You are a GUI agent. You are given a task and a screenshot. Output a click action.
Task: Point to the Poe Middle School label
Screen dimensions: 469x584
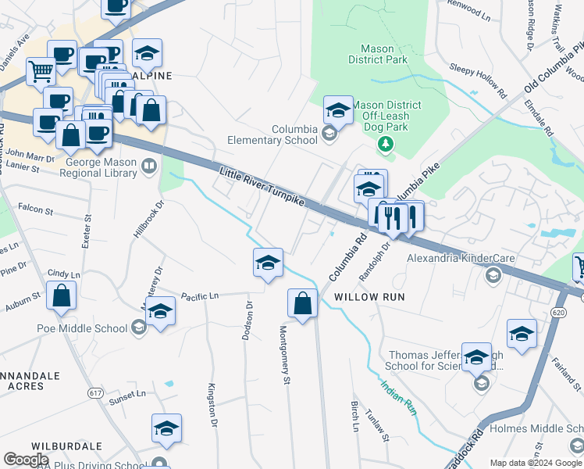coord(81,328)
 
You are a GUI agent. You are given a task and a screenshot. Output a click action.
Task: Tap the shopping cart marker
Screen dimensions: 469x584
coord(41,71)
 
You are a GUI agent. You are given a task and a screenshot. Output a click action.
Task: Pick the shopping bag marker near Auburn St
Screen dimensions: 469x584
coord(61,297)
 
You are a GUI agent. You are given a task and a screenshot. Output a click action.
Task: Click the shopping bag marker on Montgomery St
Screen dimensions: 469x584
coord(302,303)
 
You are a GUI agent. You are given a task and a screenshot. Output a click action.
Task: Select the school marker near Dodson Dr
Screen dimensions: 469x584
coord(267,263)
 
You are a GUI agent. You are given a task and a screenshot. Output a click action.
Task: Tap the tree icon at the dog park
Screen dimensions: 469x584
coord(384,143)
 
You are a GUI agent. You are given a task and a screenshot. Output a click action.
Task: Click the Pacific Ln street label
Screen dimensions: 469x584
coord(201,296)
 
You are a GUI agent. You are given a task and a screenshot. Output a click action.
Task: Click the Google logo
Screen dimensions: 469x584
coord(26,459)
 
